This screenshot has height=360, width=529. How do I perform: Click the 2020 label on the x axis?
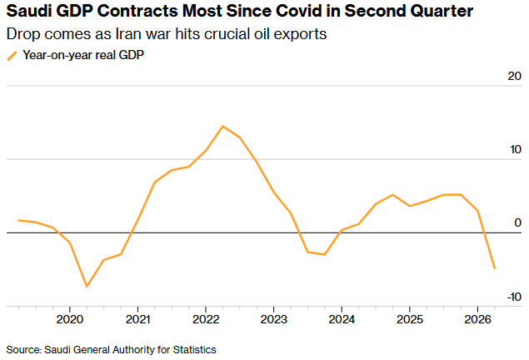pyautogui.click(x=69, y=319)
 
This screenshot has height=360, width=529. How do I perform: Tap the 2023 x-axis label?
pyautogui.click(x=273, y=319)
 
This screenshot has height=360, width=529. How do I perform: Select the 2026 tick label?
pyautogui.click(x=477, y=319)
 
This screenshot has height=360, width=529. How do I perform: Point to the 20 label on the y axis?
pyautogui.click(x=515, y=77)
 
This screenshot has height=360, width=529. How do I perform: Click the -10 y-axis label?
pyautogui.click(x=514, y=297)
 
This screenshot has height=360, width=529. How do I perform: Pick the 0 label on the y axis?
pyautogui.click(x=518, y=222)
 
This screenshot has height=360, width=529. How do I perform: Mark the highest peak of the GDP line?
pyautogui.click(x=222, y=126)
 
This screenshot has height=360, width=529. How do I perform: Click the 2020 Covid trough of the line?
pyautogui.click(x=87, y=287)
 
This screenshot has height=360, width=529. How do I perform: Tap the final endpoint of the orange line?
pyautogui.click(x=495, y=268)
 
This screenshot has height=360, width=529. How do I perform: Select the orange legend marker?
pyautogui.click(x=12, y=56)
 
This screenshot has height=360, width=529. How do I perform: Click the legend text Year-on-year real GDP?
pyautogui.click(x=83, y=55)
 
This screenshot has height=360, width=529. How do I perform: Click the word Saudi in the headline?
pyautogui.click(x=28, y=11)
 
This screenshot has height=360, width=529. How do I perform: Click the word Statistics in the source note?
pyautogui.click(x=194, y=350)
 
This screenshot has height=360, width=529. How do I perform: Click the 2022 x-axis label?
pyautogui.click(x=206, y=319)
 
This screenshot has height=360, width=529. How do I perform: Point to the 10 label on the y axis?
pyautogui.click(x=516, y=149)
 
